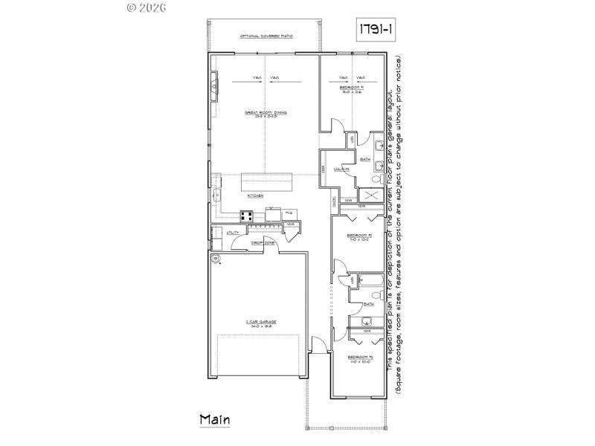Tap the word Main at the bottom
(x=215, y=419)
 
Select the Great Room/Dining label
(x=266, y=114)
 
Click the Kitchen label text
(x=257, y=195)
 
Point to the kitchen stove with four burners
(x=248, y=216)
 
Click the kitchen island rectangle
(x=266, y=182)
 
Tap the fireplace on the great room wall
(x=214, y=88)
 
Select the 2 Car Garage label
(x=258, y=323)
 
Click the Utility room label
(x=233, y=233)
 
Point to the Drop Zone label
(x=263, y=242)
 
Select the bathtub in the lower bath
(x=370, y=281)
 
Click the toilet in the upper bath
(x=376, y=179)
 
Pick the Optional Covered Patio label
(x=265, y=36)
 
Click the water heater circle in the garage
(x=217, y=259)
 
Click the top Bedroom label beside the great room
(x=353, y=88)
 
